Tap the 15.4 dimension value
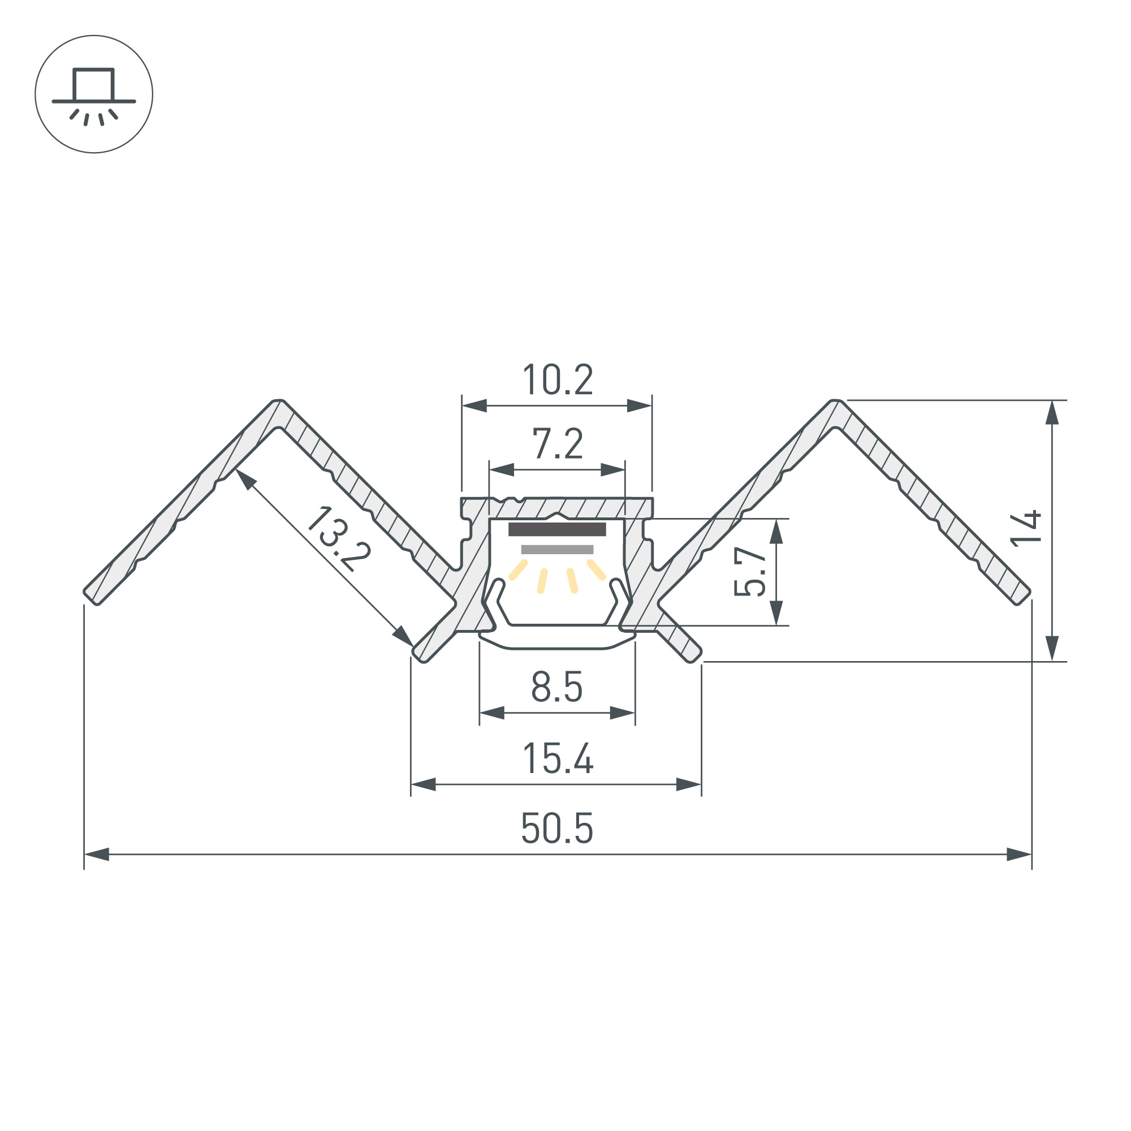558,758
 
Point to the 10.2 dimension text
558,379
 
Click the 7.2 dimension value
558,444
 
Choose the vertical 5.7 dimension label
750,571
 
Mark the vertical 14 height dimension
1026,529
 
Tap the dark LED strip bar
556,530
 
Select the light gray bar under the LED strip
556,549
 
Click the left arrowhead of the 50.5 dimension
97,854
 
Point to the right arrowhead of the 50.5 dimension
1018,854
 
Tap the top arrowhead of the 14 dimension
1052,413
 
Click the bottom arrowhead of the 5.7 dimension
776,613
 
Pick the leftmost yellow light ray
518,570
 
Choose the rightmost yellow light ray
596,569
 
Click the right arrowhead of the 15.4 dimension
688,784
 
